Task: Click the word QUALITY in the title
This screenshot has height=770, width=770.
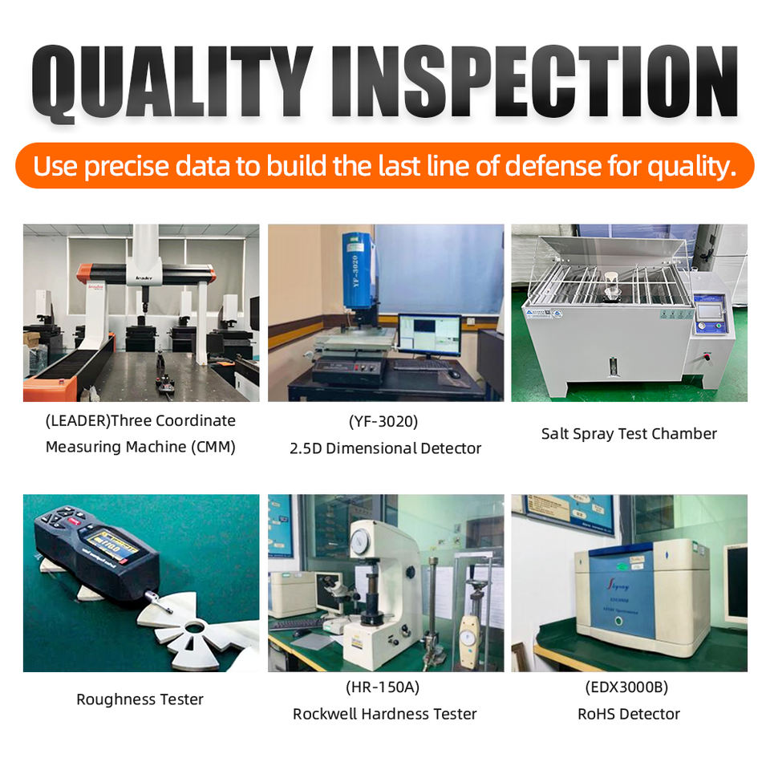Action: coord(172,83)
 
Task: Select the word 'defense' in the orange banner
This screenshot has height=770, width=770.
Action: coord(553,165)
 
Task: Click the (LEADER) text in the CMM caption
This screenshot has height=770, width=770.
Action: coord(78,421)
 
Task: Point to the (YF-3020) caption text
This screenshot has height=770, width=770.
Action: coord(383,421)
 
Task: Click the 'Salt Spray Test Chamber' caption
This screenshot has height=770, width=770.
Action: coord(629,434)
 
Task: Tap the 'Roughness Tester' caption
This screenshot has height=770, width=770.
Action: coord(140,699)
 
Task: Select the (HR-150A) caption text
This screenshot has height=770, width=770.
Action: coord(383,687)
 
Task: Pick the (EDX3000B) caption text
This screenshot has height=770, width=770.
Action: coord(627,687)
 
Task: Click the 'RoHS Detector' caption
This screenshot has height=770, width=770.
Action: coord(629,714)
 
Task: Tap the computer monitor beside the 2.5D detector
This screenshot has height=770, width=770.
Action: coord(430,335)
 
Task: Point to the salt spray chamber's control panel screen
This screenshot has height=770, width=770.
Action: coord(710,311)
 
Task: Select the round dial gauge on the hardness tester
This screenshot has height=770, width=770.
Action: coord(360,540)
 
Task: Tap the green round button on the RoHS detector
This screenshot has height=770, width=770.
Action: coord(618,621)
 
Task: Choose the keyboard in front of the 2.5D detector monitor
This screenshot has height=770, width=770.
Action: coord(421,365)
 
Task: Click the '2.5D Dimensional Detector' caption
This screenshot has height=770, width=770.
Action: coord(386,448)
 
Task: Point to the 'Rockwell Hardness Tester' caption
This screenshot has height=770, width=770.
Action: coord(385,714)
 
